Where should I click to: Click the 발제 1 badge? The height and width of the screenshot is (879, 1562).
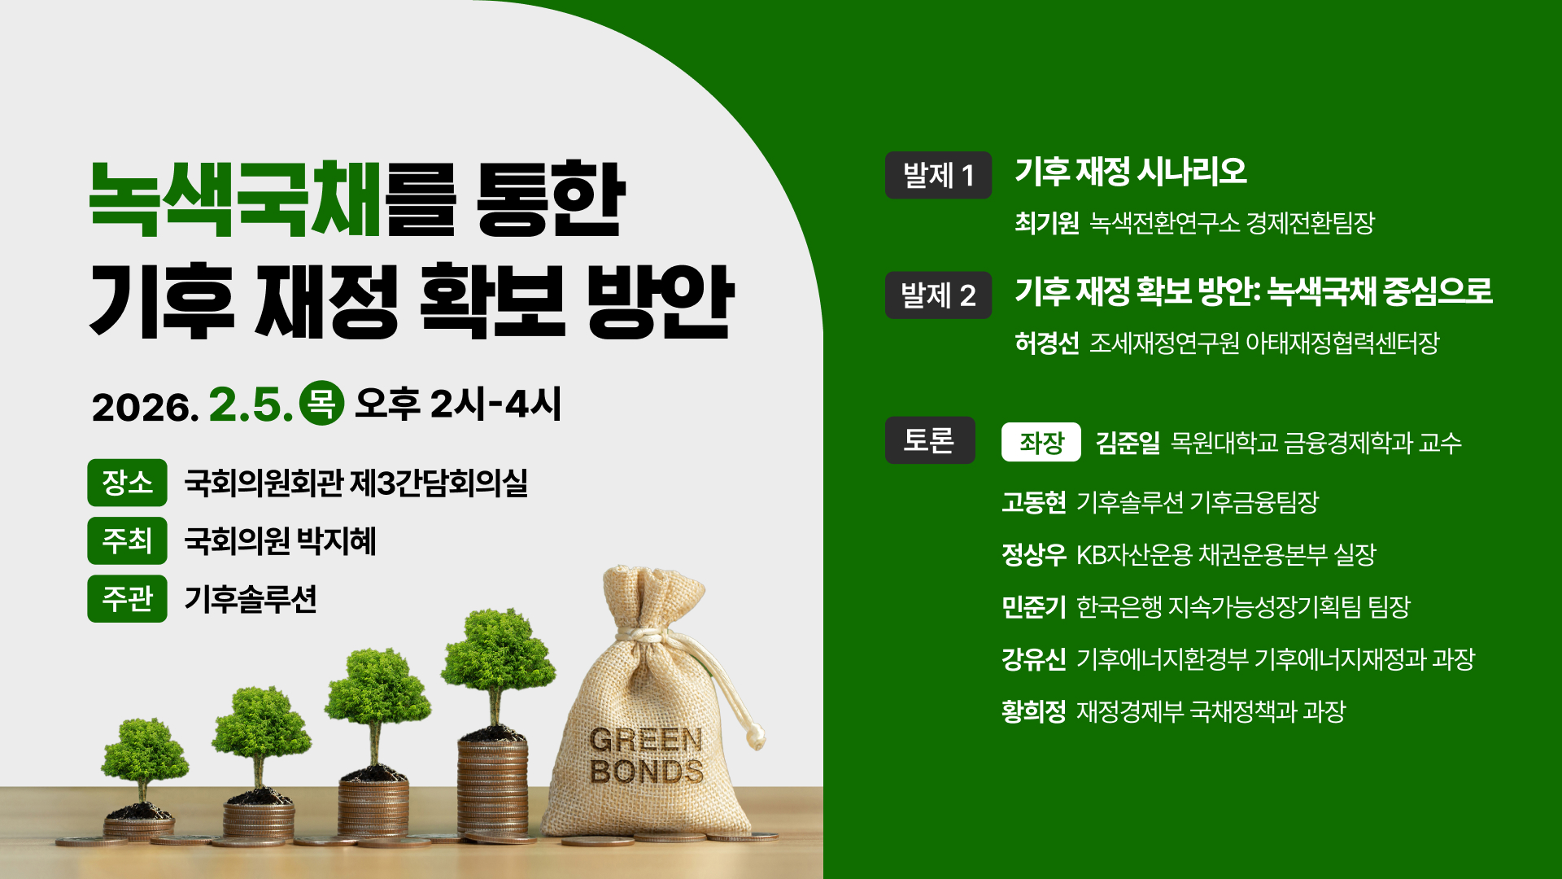coord(938,175)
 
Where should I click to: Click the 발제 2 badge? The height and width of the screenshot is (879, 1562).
coord(938,295)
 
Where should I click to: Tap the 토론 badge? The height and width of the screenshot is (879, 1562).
coord(929,440)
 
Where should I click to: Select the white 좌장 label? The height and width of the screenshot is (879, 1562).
coord(1041,442)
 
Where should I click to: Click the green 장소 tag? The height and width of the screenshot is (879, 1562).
coord(127,483)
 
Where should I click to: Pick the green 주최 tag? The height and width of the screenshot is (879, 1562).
coord(127,540)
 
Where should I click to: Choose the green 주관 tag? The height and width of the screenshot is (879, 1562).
coord(127,598)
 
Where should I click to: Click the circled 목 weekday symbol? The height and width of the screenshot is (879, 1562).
coord(321,403)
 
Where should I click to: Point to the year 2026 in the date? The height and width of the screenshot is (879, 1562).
coord(144,407)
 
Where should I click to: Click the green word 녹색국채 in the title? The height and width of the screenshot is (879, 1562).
coord(234,199)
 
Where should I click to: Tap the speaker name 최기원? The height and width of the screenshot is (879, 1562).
coord(1046,223)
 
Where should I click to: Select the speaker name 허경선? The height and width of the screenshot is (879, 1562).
coord(1046,343)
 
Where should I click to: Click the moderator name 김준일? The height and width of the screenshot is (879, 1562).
coord(1128,443)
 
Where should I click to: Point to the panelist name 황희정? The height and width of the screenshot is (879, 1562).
coord(1033,711)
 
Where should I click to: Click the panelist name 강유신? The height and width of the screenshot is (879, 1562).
coord(1033,658)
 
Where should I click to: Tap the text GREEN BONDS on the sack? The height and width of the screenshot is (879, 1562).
coord(646,755)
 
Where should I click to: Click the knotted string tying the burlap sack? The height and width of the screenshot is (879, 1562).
coord(643,633)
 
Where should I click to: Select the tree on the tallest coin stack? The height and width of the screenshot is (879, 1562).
coord(497,659)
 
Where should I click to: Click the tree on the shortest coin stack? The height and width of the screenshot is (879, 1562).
coord(144,753)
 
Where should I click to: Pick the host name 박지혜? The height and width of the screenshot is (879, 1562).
coord(336,541)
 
